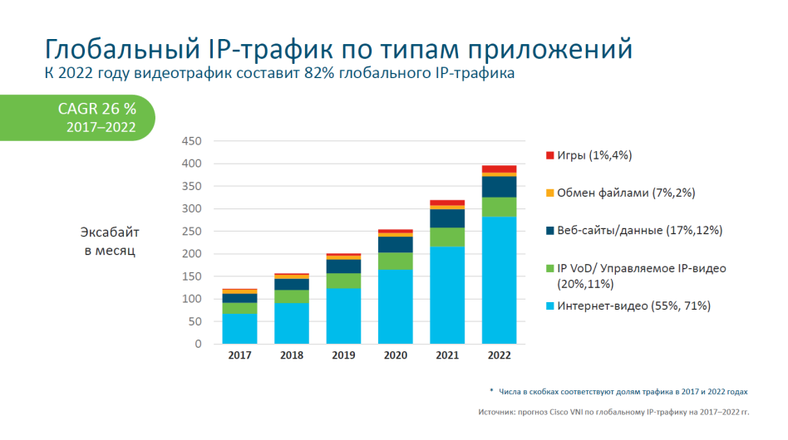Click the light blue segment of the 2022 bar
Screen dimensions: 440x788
(x=499, y=280)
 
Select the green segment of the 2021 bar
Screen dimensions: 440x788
(x=447, y=237)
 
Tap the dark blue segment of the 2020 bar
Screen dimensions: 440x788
(x=395, y=244)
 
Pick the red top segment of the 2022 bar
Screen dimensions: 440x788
(x=499, y=169)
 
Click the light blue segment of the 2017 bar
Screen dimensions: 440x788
(x=239, y=328)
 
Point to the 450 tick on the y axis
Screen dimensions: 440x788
(x=190, y=141)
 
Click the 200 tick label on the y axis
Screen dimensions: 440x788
(x=190, y=253)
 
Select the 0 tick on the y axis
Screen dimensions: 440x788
(x=197, y=343)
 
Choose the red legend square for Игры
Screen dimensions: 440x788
(x=549, y=155)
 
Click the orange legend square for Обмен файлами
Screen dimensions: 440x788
(x=549, y=193)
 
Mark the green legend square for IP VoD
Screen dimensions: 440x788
(x=549, y=268)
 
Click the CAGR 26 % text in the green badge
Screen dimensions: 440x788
(x=96, y=109)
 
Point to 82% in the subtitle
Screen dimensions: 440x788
(x=317, y=75)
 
